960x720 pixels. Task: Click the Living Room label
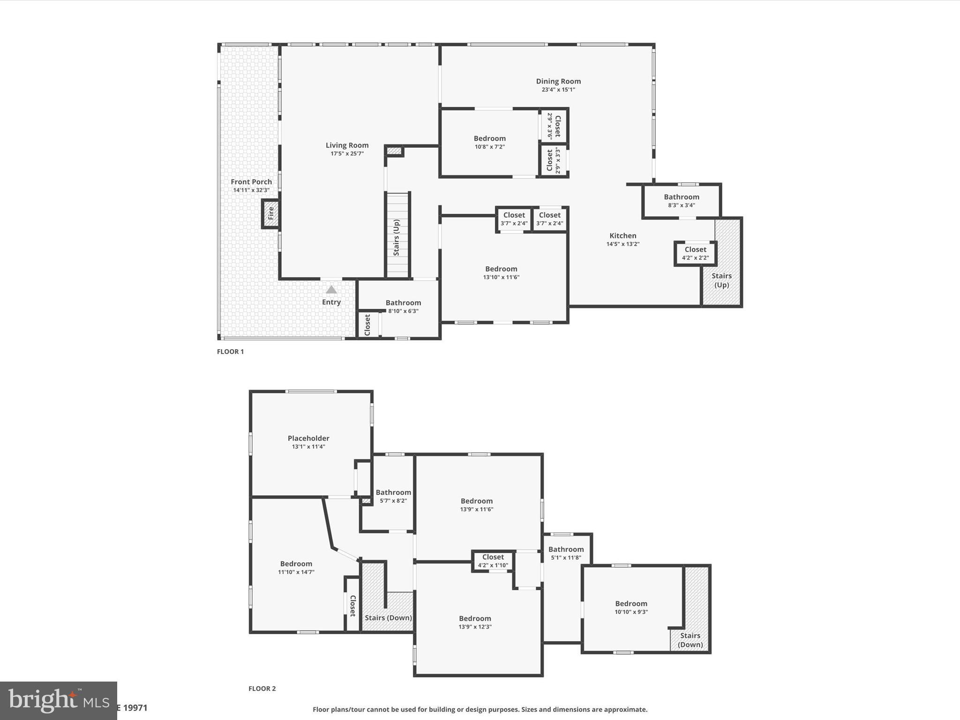(x=347, y=145)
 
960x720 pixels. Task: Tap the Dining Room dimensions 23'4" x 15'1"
(x=558, y=90)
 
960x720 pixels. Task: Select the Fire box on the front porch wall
(x=270, y=214)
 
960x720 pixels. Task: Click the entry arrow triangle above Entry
(x=331, y=290)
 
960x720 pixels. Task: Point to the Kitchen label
(x=622, y=236)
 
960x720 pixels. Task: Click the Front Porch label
(x=251, y=182)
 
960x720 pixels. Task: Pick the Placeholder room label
(x=308, y=438)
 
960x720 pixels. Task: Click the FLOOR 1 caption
(x=230, y=352)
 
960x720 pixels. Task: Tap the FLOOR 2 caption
(x=262, y=689)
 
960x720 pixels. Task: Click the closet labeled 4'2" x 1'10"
(x=493, y=561)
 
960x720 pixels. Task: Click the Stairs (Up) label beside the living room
(x=397, y=237)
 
